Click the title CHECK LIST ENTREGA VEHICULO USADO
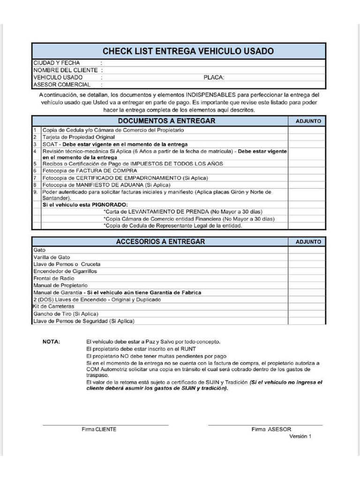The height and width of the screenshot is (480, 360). tap(188, 51)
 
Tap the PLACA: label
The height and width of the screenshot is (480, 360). tap(214, 77)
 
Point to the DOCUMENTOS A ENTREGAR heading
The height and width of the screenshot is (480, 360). tap(166, 121)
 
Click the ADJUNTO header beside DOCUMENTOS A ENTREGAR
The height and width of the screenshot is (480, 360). tap(308, 121)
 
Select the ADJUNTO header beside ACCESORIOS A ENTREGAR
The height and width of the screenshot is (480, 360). tap(308, 242)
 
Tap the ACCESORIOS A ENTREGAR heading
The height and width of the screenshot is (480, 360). tap(160, 242)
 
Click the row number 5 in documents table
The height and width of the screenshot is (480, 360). tap(35, 164)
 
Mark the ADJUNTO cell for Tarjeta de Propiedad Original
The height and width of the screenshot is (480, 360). tap(307, 137)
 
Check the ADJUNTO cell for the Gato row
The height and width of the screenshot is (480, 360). tap(307, 250)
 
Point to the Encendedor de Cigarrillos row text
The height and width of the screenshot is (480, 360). tap(65, 271)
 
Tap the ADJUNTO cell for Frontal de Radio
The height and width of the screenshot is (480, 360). tap(307, 278)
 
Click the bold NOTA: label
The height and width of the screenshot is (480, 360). tap(51, 342)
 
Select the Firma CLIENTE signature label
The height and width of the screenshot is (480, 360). tap(99, 429)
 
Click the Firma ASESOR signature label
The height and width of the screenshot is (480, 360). tap(271, 429)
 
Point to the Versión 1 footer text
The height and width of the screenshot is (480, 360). tap(300, 436)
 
